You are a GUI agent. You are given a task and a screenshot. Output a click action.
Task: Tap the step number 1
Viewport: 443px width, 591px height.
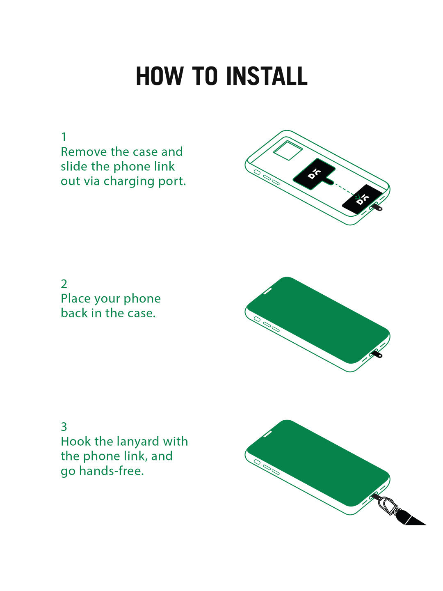[x=64, y=137]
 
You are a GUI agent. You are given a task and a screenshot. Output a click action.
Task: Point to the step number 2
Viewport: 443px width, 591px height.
[x=64, y=284]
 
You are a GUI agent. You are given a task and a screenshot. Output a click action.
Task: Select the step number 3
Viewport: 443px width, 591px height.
[x=64, y=426]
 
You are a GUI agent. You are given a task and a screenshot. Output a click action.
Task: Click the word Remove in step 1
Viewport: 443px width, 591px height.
[x=84, y=151]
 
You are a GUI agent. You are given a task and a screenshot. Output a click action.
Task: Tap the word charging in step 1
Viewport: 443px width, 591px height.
[x=129, y=181]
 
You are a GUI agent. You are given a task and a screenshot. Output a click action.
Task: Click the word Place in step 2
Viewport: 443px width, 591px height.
[x=75, y=298]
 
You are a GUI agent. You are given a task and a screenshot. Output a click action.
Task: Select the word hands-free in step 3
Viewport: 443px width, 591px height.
[x=112, y=471]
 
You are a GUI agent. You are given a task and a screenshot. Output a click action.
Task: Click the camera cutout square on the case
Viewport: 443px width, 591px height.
[x=288, y=150]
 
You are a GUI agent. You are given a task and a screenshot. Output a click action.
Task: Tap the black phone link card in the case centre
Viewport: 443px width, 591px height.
[x=314, y=174]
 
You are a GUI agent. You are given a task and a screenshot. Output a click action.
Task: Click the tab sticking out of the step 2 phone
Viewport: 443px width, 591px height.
[x=376, y=354]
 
